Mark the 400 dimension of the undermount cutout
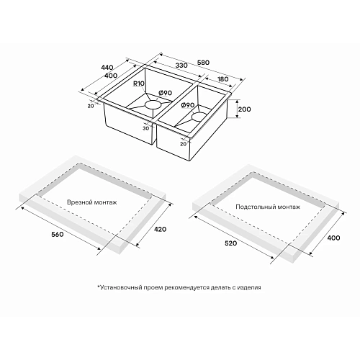coord(333,238)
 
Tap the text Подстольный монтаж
coord(268,207)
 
